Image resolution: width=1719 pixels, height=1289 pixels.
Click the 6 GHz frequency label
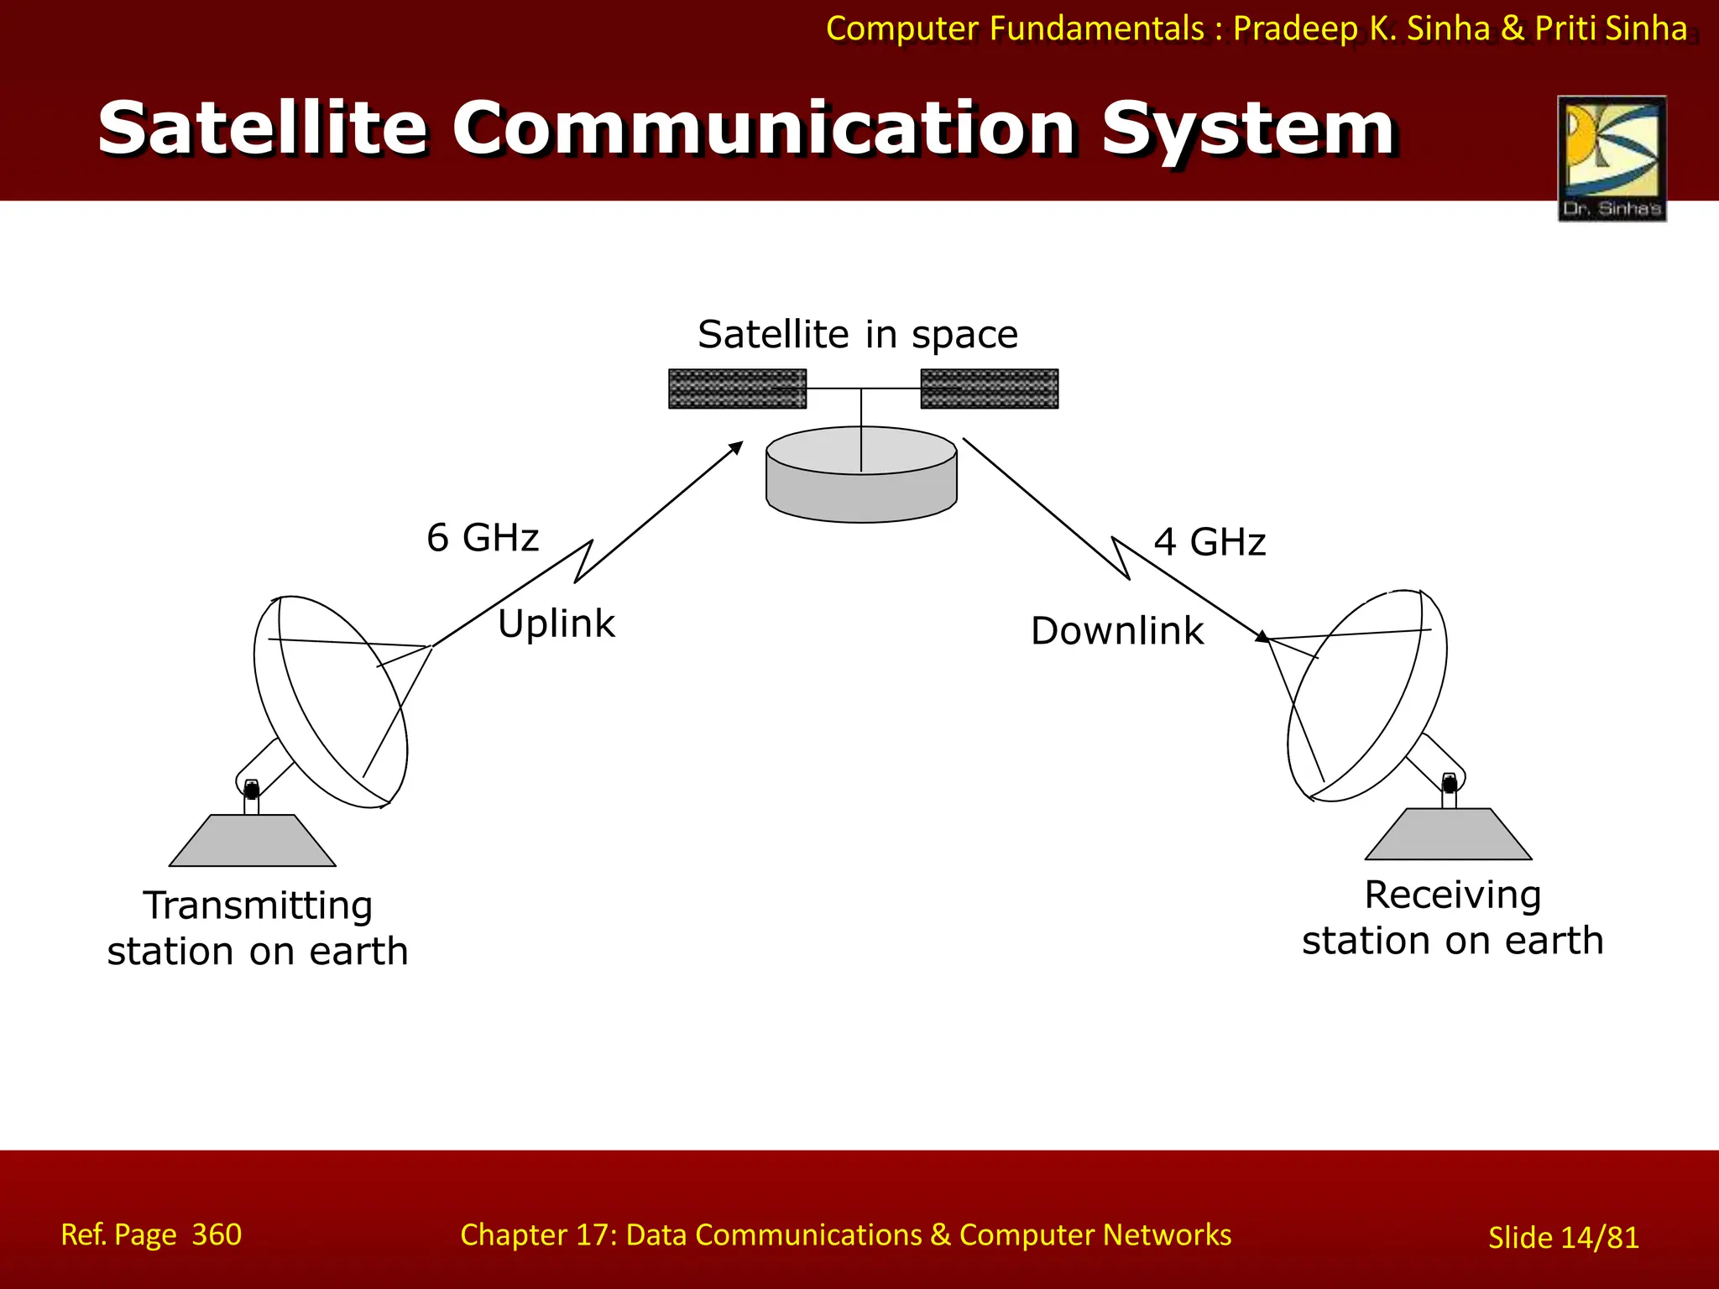click(x=482, y=538)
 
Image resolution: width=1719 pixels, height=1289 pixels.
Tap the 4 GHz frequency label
click(x=1209, y=542)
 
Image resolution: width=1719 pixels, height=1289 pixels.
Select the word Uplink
click(x=556, y=624)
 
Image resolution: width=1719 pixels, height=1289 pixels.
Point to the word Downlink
click(x=1116, y=631)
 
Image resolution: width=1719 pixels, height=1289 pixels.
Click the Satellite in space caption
click(x=857, y=335)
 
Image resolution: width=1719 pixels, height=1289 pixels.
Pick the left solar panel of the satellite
click(x=737, y=389)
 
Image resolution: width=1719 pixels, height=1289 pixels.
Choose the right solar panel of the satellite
click(x=989, y=389)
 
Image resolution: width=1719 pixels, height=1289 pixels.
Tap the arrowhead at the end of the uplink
click(x=737, y=447)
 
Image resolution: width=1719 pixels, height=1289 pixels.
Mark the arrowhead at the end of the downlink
click(x=1262, y=638)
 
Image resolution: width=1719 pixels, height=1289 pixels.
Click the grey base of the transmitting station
click(x=252, y=841)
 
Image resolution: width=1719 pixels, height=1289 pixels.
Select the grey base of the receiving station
click(x=1448, y=834)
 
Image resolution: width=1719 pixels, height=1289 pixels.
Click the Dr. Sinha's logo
click(x=1612, y=158)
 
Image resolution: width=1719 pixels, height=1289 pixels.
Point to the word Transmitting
click(x=258, y=906)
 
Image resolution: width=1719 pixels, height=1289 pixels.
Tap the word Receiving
click(x=1452, y=895)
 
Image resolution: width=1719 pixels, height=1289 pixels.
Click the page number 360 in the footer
click(x=217, y=1234)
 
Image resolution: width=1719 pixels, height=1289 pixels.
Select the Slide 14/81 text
click(x=1563, y=1238)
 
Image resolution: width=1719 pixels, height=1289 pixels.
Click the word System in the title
click(x=1248, y=130)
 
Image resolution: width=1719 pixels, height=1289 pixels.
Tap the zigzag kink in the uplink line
click(x=584, y=561)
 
